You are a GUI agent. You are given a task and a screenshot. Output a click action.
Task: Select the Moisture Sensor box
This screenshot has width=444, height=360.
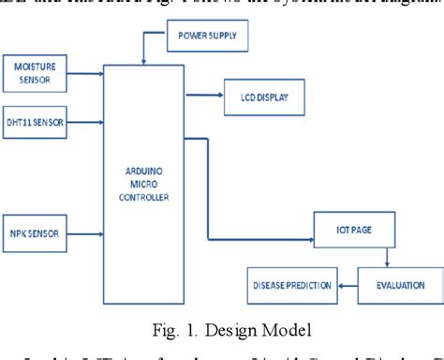[37, 74]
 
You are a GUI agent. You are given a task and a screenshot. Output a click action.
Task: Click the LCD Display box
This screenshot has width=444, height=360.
[259, 97]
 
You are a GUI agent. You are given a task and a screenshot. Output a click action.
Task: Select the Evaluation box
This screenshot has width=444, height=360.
[391, 284]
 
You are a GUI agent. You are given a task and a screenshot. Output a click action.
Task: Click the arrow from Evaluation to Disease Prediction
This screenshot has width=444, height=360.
[346, 284]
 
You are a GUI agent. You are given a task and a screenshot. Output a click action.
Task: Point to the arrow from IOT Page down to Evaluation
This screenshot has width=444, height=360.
[386, 258]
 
